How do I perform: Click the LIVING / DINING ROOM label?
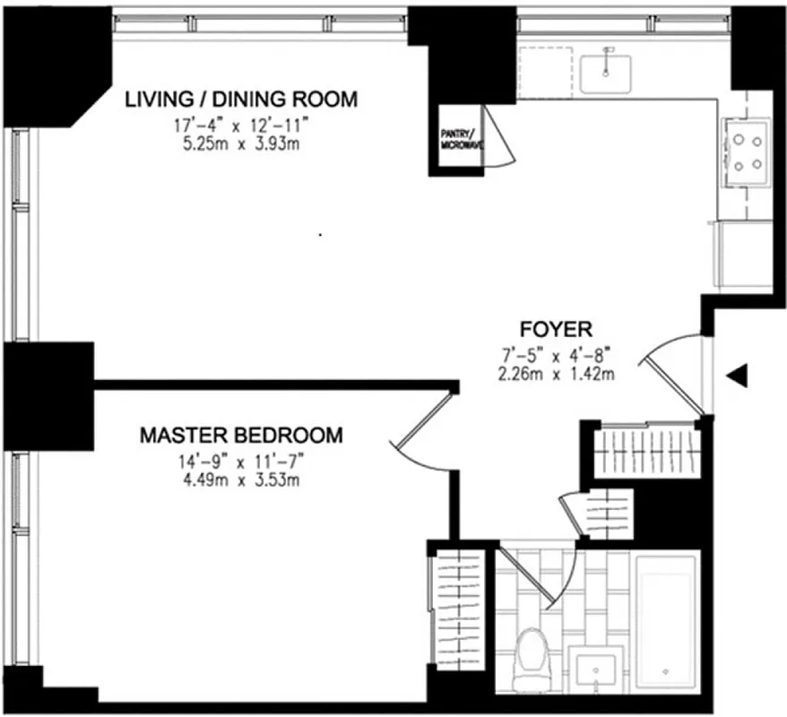(x=240, y=99)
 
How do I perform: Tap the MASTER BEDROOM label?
(x=241, y=436)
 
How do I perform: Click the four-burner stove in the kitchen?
(x=746, y=151)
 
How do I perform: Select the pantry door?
(x=497, y=136)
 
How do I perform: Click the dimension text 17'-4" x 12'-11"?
(x=241, y=127)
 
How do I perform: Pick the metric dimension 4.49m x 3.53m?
(x=241, y=480)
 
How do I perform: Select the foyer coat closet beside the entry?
(x=651, y=444)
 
